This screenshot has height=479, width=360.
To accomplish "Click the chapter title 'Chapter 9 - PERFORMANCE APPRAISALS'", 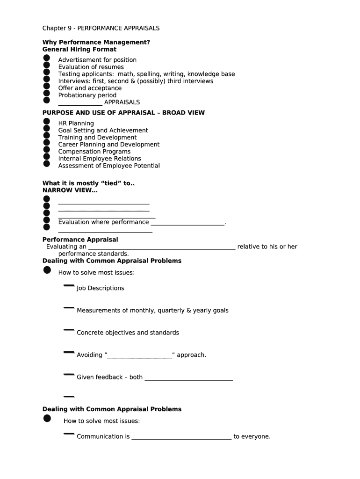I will (101, 28).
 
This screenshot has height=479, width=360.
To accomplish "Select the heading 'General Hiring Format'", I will (79, 49).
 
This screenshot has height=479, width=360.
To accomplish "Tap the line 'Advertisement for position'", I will (97, 60).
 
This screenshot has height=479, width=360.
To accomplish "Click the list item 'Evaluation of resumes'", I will (91, 67).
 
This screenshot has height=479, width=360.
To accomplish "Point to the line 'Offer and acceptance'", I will (90, 88).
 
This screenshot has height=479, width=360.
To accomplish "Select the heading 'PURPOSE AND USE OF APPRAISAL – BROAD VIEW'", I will (123, 113).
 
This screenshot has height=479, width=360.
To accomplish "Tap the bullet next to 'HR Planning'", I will (46, 122).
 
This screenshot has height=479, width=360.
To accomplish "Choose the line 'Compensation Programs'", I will (94, 152).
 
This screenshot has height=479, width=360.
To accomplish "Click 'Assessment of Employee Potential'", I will (109, 166).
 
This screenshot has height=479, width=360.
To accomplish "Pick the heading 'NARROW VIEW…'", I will (70, 190).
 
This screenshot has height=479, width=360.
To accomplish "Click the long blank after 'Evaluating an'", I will (162, 247).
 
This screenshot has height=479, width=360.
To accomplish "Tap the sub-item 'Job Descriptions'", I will (101, 288).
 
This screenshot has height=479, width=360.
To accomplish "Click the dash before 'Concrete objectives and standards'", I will (69, 330).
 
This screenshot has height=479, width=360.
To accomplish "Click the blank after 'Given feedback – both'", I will (188, 378).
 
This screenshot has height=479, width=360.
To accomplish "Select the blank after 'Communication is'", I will (181, 438).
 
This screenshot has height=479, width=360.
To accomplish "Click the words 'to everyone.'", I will (252, 436).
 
